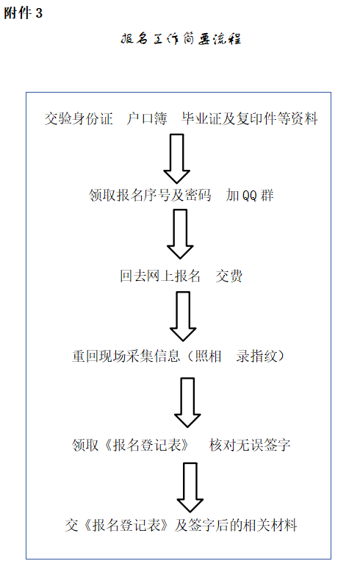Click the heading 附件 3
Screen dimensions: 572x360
coord(24,14)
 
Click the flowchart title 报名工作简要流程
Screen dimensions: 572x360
coord(181,40)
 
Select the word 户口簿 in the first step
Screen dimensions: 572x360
coord(147,118)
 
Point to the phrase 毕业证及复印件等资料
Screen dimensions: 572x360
coord(250,118)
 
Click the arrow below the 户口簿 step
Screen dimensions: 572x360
coord(176,158)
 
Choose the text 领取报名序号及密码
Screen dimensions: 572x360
coord(151,196)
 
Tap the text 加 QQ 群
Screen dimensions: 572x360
coord(250,196)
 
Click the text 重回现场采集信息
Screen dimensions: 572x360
coord(124,357)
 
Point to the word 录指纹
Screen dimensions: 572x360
coord(255,357)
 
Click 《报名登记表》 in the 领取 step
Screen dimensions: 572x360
coord(149,444)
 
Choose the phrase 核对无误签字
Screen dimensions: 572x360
coord(249,444)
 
